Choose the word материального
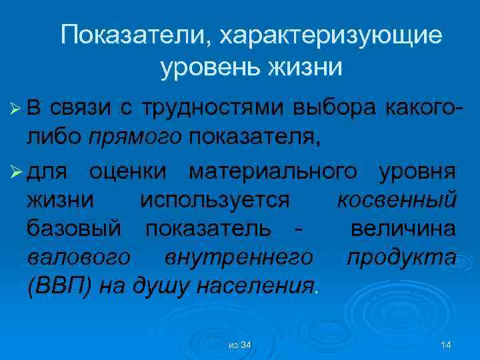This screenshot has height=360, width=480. click(273, 172)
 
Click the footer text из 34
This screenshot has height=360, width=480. click(239, 344)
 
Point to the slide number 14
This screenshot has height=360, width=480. click(446, 344)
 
